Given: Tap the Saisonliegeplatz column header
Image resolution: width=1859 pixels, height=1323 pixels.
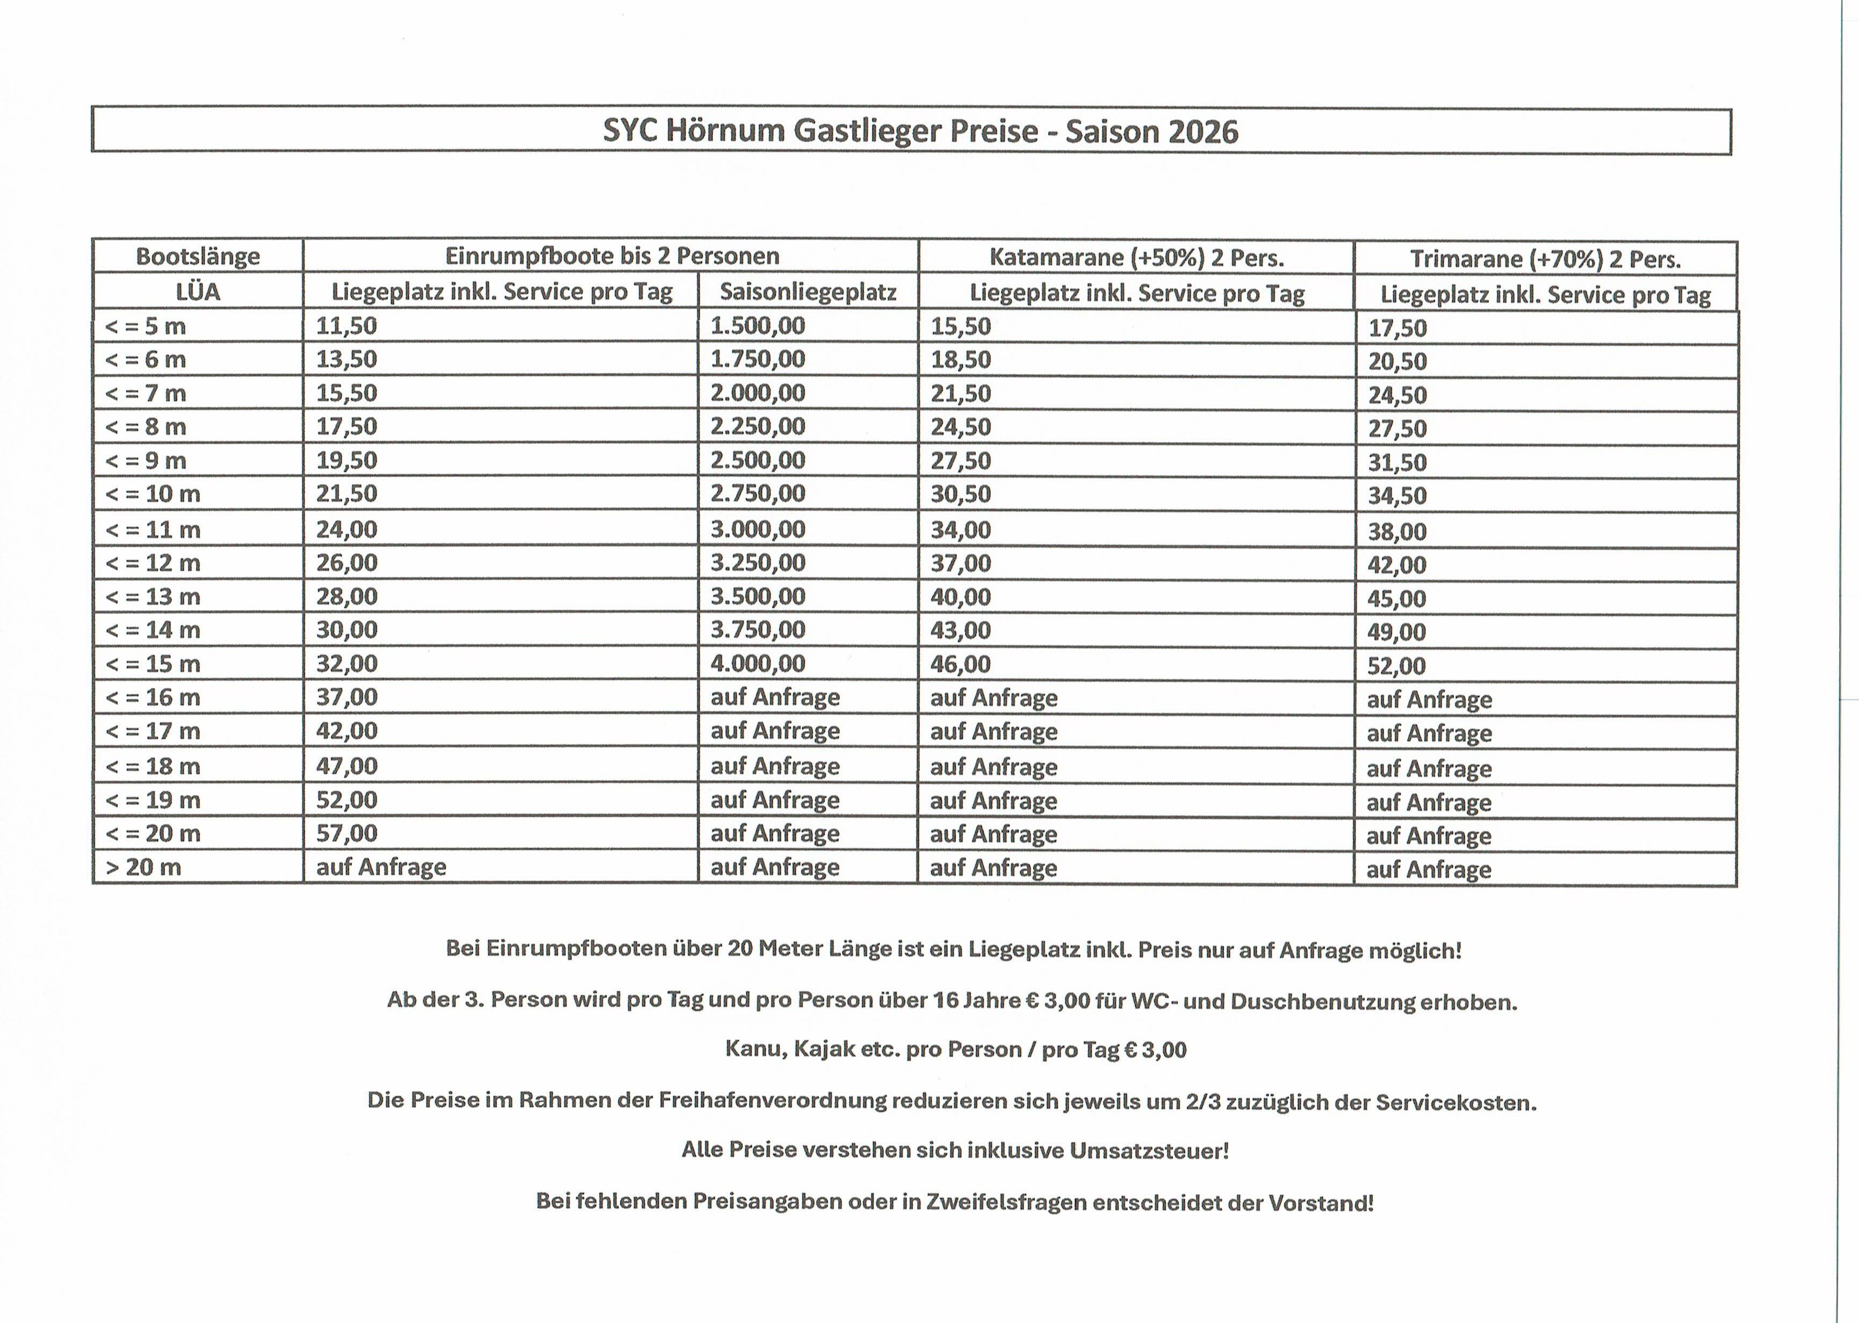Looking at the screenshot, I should pos(808,292).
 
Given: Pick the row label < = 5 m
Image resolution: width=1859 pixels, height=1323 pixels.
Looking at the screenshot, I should pos(146,326).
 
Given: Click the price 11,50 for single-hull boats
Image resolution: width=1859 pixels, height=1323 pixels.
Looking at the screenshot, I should pos(347,326).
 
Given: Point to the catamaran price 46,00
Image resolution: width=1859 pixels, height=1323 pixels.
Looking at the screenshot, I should pos(960,664).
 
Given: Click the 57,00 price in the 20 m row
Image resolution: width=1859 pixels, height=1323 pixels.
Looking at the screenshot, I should pos(347,833).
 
